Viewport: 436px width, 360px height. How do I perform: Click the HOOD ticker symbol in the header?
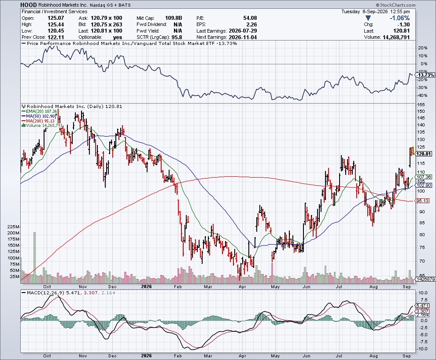click(x=29, y=5)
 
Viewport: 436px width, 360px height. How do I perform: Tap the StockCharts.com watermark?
click(x=395, y=5)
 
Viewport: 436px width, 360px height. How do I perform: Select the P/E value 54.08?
click(x=250, y=18)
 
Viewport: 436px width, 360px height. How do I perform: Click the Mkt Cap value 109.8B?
click(x=174, y=18)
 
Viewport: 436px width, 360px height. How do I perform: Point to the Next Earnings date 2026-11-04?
click(x=243, y=37)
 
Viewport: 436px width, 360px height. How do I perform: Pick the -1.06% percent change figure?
click(x=399, y=18)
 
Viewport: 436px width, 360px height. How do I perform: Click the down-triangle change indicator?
click(x=368, y=18)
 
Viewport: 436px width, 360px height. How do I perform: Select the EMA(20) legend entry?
click(x=40, y=111)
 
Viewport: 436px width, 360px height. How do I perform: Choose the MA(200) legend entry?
click(x=38, y=121)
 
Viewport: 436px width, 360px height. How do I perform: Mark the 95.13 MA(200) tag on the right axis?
click(x=422, y=201)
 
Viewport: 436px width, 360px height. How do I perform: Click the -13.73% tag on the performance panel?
click(x=425, y=75)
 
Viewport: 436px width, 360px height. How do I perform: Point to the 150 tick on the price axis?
click(x=421, y=111)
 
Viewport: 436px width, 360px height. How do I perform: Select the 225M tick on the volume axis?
click(x=13, y=227)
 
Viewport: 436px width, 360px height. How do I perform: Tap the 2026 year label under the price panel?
click(x=147, y=286)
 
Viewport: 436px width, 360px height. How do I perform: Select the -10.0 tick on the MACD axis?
click(x=423, y=349)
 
